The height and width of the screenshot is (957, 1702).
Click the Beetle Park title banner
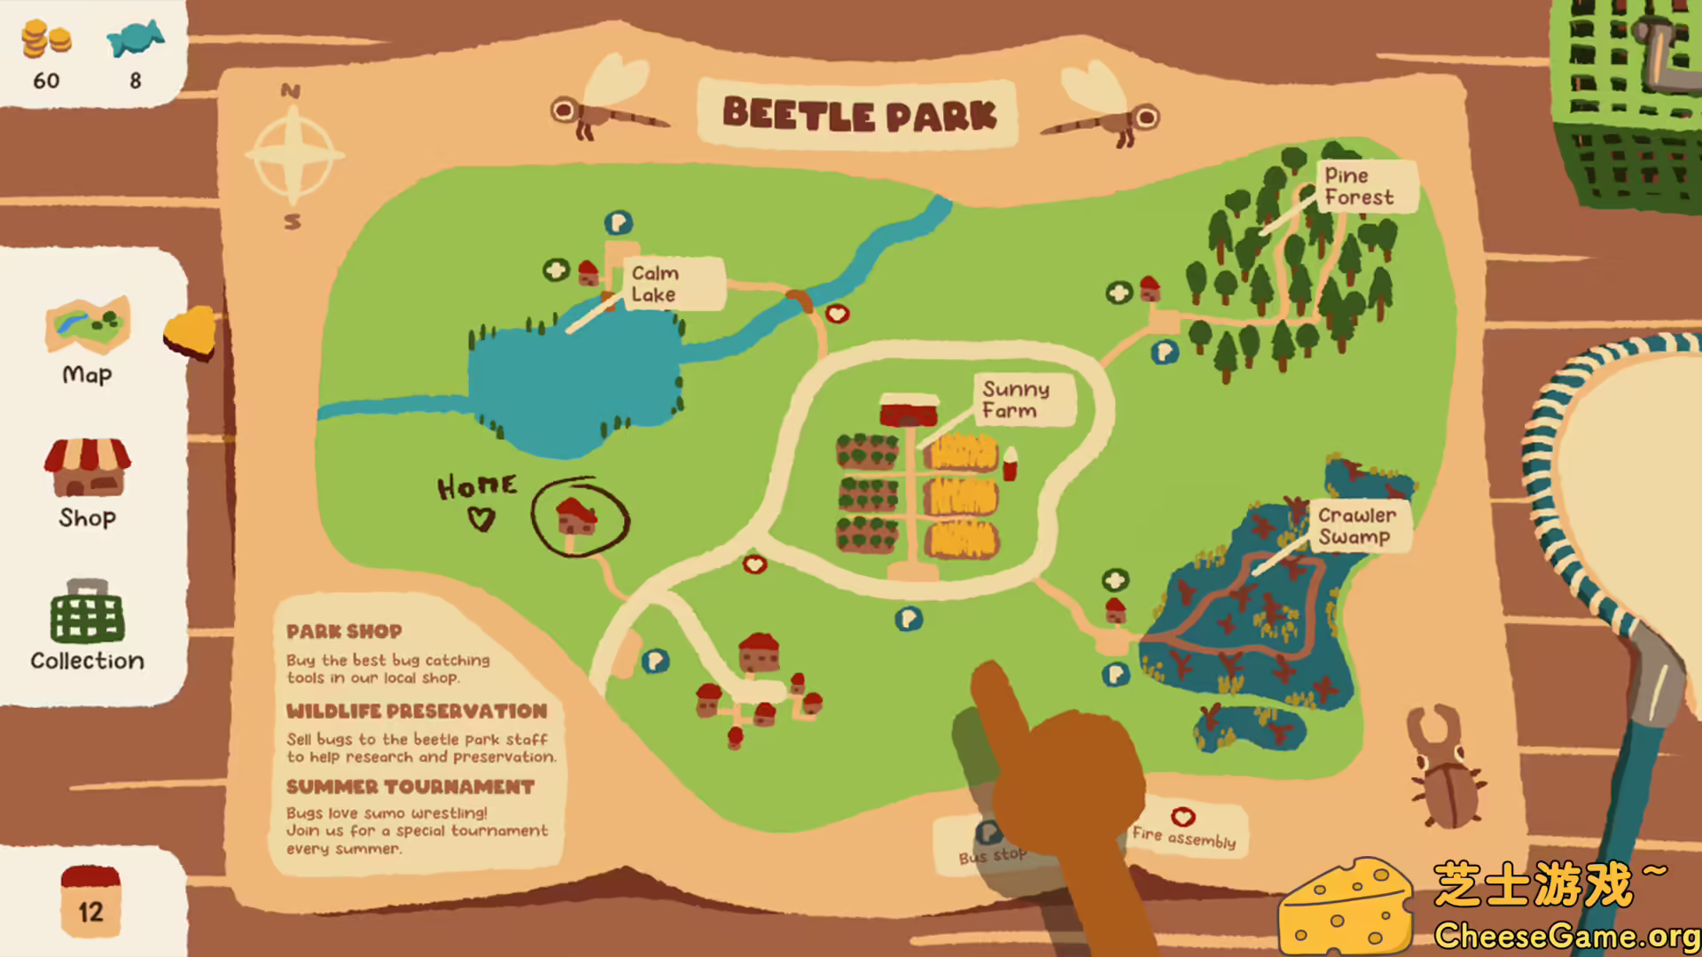[858, 114]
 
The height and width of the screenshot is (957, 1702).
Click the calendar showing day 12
[90, 901]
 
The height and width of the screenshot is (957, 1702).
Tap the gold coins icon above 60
[46, 40]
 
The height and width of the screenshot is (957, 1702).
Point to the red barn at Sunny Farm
[909, 410]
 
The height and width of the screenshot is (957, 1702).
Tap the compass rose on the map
[293, 155]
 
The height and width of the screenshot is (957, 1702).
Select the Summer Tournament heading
[410, 787]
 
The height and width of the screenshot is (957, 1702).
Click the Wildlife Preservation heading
[417, 711]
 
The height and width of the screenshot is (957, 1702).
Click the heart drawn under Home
[480, 518]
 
